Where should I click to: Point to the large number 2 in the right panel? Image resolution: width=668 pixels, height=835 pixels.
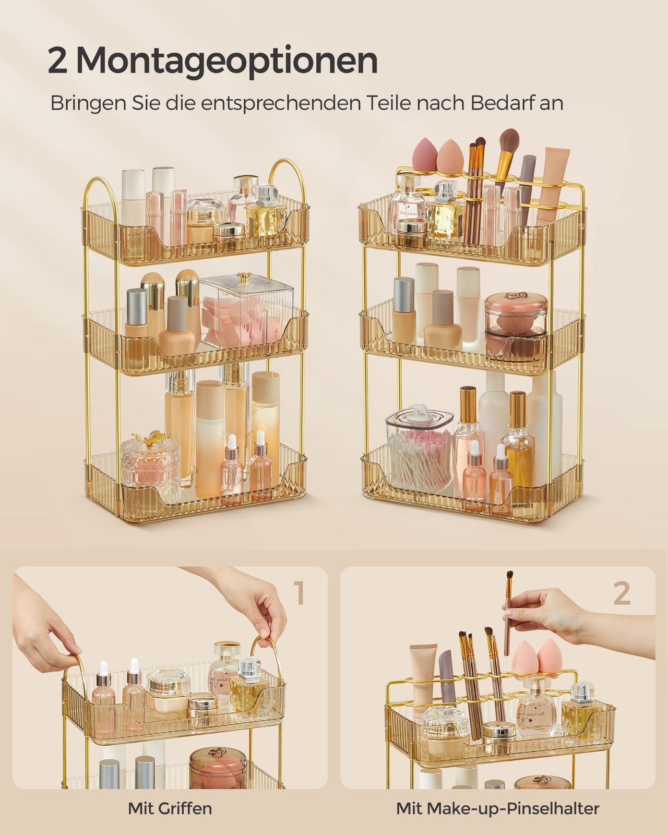(622, 593)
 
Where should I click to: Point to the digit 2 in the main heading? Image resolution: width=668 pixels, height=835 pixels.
(57, 61)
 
